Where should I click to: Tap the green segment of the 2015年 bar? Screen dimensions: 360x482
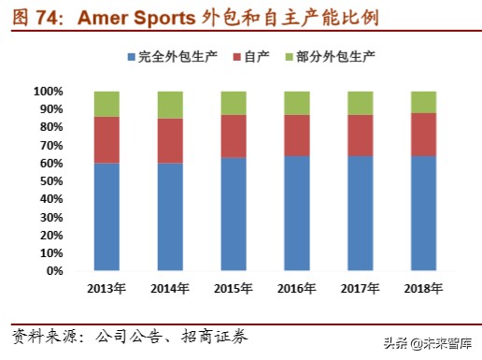pyautogui.click(x=233, y=103)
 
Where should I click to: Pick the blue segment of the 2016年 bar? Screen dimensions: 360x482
pyautogui.click(x=296, y=213)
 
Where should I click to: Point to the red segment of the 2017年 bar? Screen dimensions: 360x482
pyautogui.click(x=360, y=136)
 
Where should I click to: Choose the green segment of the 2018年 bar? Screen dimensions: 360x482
pyautogui.click(x=423, y=102)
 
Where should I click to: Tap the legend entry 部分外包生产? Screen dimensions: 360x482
pyautogui.click(x=334, y=58)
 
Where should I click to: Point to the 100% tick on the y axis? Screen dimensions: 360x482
pyautogui.click(x=48, y=92)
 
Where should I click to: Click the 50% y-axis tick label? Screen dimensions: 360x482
pyautogui.click(x=50, y=181)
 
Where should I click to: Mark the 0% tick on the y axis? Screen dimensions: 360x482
pyautogui.click(x=54, y=271)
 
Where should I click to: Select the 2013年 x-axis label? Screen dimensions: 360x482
pyautogui.click(x=106, y=288)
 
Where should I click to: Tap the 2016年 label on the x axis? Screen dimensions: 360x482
pyautogui.click(x=296, y=288)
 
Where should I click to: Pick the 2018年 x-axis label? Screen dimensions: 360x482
pyautogui.click(x=423, y=288)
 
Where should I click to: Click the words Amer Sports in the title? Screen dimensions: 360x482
pyautogui.click(x=137, y=18)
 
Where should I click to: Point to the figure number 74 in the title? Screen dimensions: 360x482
pyautogui.click(x=47, y=18)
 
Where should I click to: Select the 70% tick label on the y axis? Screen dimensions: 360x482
pyautogui.click(x=50, y=146)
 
